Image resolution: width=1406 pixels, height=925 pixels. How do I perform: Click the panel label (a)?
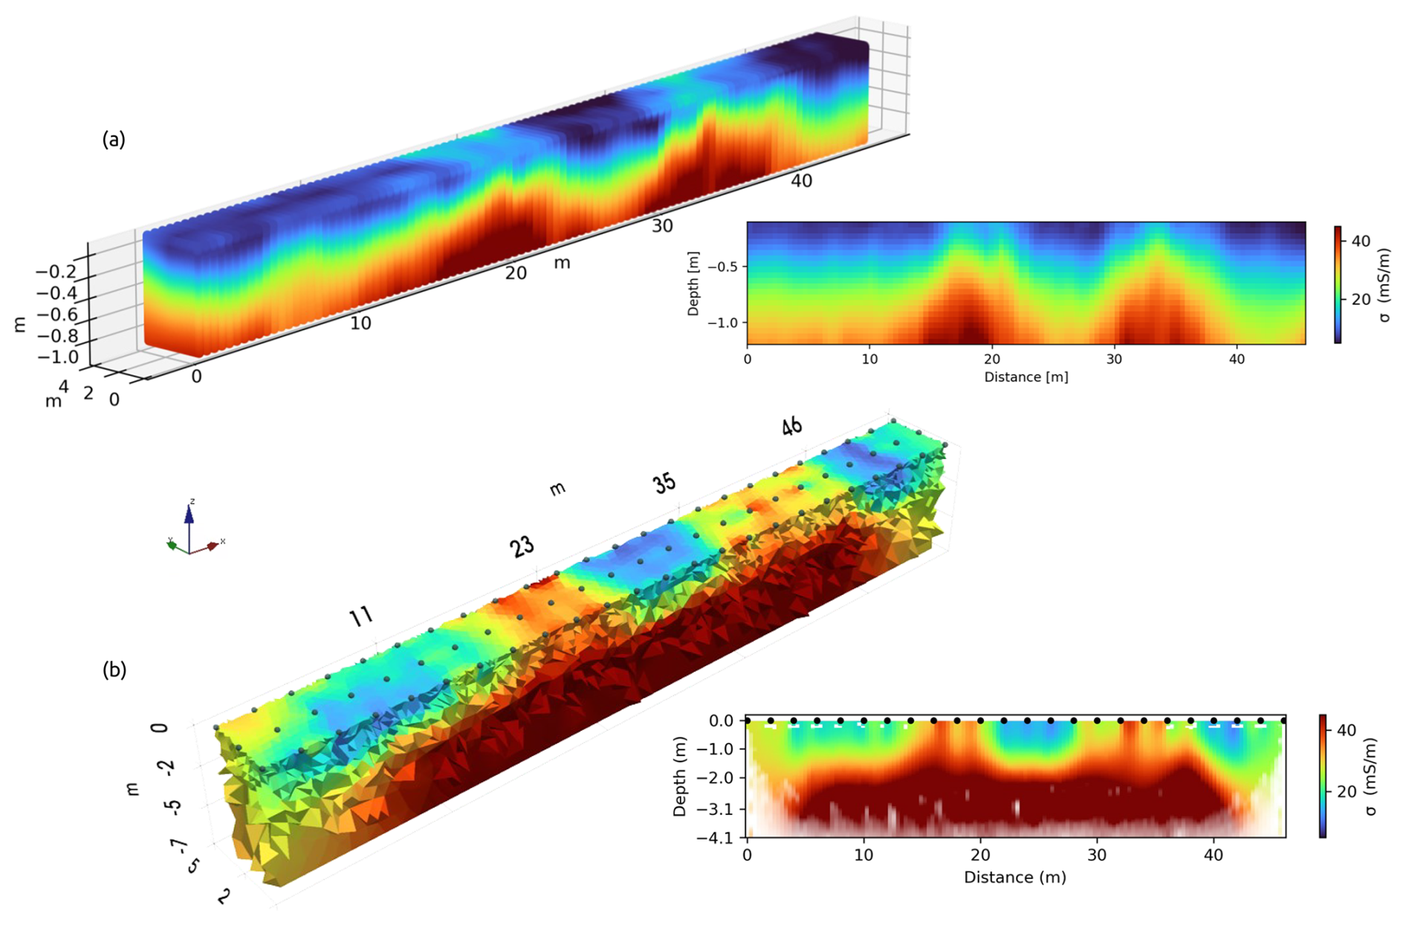pyautogui.click(x=114, y=139)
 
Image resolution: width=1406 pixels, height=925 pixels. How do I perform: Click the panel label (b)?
pyautogui.click(x=114, y=670)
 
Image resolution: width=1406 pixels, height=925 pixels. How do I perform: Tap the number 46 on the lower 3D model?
pyautogui.click(x=791, y=426)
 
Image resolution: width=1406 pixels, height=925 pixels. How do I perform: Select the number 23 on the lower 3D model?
pyautogui.click(x=522, y=547)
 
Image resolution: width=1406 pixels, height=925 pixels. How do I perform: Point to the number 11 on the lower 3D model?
pyautogui.click(x=361, y=616)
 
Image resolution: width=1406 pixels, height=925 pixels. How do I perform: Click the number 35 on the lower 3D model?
pyautogui.click(x=664, y=483)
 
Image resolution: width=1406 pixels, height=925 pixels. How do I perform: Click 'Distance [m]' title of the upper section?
pyautogui.click(x=1026, y=377)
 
